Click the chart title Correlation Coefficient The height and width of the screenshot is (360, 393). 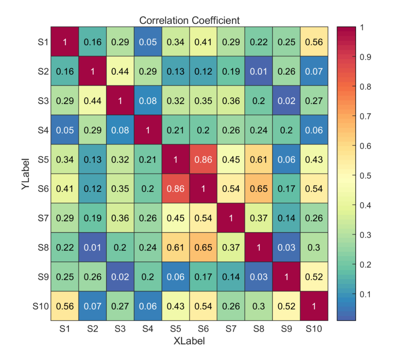tap(190, 20)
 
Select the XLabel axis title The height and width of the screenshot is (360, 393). tap(189, 341)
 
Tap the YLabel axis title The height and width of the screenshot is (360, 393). tap(25, 174)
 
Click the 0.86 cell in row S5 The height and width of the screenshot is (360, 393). tap(203, 159)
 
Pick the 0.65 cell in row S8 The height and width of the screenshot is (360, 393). tap(203, 247)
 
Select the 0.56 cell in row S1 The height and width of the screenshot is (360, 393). tap(314, 42)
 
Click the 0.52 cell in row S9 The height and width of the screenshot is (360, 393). tap(314, 277)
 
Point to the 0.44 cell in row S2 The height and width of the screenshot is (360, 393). tap(120, 71)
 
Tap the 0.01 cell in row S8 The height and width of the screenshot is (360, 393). tap(92, 247)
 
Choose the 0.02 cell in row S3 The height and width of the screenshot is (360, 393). tap(286, 100)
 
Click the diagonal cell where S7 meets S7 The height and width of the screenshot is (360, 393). tap(231, 218)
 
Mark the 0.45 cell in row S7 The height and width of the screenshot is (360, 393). tap(175, 218)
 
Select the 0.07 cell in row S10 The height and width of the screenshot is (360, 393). tap(92, 306)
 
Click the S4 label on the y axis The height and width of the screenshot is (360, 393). tap(43, 130)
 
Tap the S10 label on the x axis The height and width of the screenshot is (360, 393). tap(314, 329)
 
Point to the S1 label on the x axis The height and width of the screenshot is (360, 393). tap(65, 329)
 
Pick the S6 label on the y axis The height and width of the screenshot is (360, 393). tap(43, 189)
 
